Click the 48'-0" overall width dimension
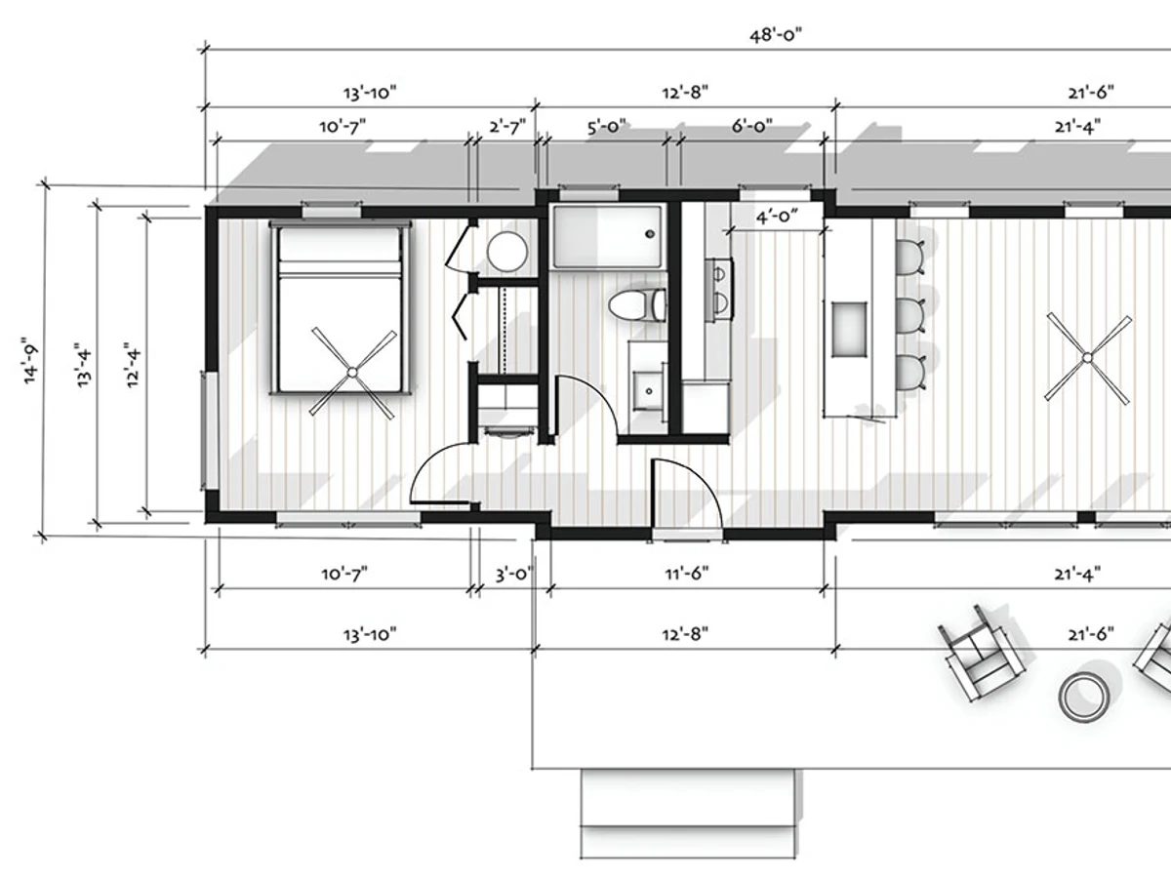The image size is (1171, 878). pyautogui.click(x=776, y=35)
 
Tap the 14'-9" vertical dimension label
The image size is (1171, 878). pyautogui.click(x=31, y=360)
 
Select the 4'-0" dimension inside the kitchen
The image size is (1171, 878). pyautogui.click(x=777, y=217)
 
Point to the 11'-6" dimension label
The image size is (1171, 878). pyautogui.click(x=687, y=574)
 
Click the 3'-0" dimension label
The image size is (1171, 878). pyautogui.click(x=514, y=575)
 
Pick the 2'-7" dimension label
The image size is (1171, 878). pyautogui.click(x=507, y=127)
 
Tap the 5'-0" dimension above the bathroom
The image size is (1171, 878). pyautogui.click(x=607, y=127)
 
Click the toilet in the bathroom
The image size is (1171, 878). pyautogui.click(x=637, y=305)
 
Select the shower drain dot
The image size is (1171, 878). pyautogui.click(x=650, y=234)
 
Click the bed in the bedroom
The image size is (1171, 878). pyautogui.click(x=340, y=308)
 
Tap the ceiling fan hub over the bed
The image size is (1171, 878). pyautogui.click(x=352, y=372)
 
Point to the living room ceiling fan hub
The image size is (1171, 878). pyautogui.click(x=1087, y=358)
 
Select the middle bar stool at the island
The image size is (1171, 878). pyautogui.click(x=910, y=315)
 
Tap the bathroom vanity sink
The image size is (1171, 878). pyautogui.click(x=649, y=391)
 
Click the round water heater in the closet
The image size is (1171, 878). pyautogui.click(x=506, y=252)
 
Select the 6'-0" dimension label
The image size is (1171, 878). pyautogui.click(x=751, y=127)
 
